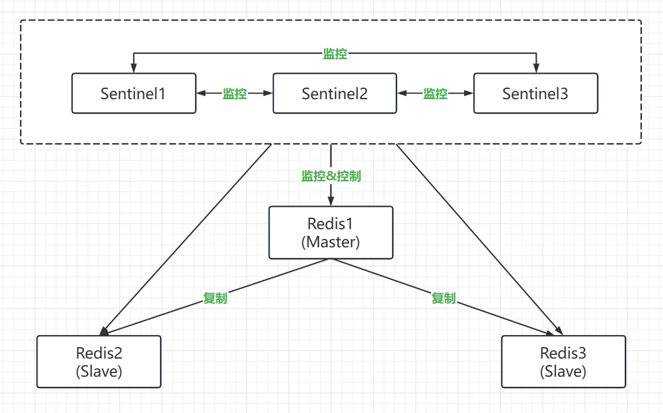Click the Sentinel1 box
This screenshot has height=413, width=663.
click(x=134, y=93)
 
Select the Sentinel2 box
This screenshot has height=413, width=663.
click(x=335, y=93)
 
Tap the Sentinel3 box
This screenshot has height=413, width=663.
click(x=535, y=93)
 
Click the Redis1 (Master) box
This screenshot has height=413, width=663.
click(x=331, y=232)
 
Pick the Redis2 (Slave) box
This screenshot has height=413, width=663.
click(x=99, y=362)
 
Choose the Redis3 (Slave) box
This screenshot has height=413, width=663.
click(x=563, y=362)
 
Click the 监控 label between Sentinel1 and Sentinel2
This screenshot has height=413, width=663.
click(x=234, y=94)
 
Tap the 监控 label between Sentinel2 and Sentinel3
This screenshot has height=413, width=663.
click(x=435, y=94)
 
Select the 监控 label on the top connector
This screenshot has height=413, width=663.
click(x=335, y=54)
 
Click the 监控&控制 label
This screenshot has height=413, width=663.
click(x=331, y=176)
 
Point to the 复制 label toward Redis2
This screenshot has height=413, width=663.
click(x=215, y=298)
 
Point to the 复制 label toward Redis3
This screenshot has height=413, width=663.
click(x=443, y=298)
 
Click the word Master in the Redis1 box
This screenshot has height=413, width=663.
click(x=331, y=242)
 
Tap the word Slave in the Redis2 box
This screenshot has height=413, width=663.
click(x=99, y=371)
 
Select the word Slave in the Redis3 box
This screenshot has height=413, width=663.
click(x=563, y=371)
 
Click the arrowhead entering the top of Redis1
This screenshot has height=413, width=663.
click(x=331, y=202)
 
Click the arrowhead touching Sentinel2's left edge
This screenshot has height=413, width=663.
click(x=269, y=94)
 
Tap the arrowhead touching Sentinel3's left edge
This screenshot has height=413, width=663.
click(x=469, y=94)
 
